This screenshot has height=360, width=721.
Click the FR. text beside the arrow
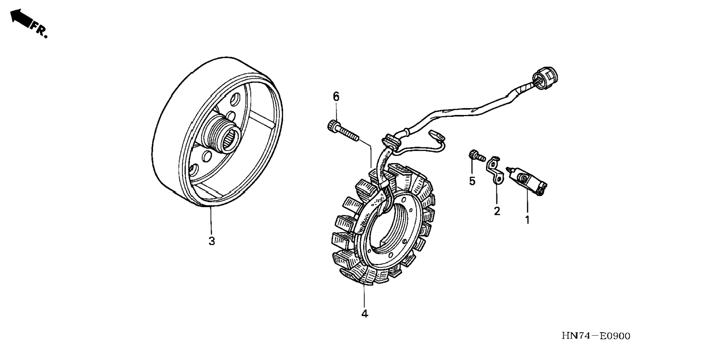coord(39,29)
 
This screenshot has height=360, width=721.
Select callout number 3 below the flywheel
coord(212,241)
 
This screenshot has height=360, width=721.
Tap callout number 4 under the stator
coord(365,314)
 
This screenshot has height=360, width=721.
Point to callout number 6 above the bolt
coord(336,97)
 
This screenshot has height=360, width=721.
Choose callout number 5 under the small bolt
coord(472,181)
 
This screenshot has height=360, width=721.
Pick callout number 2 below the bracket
coord(497,211)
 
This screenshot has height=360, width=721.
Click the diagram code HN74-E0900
coord(596,336)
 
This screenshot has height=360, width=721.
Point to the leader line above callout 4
coord(364,297)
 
